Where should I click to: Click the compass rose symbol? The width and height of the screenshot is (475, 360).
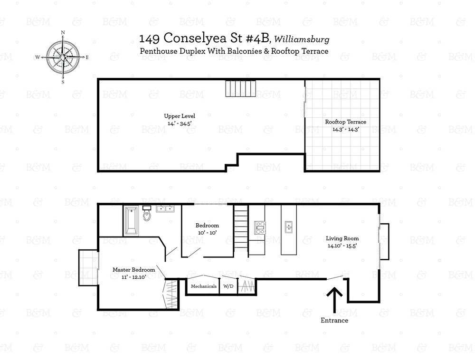63,57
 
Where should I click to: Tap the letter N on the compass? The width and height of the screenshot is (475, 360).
63,32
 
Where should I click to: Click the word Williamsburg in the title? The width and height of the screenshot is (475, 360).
302,39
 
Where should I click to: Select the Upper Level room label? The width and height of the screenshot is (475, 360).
180,119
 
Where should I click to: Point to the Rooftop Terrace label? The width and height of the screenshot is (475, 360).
346,125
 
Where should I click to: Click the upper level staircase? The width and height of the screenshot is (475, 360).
240,88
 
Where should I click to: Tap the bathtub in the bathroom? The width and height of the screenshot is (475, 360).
132,221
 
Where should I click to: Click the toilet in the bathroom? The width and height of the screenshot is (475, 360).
147,213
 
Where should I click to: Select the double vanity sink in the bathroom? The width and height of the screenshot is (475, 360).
165,208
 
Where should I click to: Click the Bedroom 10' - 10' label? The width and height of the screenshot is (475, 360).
207,229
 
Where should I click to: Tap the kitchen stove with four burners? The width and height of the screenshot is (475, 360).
260,227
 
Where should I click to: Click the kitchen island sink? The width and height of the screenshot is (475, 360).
288,227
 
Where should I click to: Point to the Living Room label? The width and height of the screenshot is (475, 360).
342,242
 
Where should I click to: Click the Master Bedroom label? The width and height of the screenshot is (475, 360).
133,273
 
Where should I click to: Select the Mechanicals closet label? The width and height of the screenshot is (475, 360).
204,286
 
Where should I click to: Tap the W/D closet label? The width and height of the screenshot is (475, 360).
228,286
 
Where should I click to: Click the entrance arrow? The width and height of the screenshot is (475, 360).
334,300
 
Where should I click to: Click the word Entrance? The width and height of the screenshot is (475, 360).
334,320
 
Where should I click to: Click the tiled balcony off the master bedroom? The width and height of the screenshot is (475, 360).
88,268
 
